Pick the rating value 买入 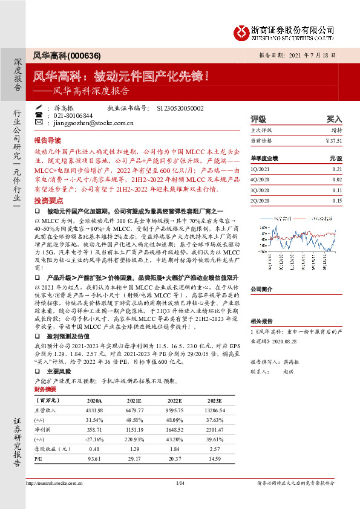click(x=334, y=120)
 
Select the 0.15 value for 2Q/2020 click(x=337, y=200)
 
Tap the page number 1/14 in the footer click(x=179, y=482)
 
